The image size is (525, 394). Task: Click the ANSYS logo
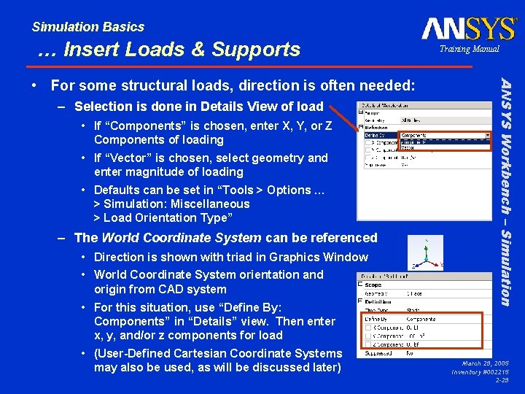click(x=469, y=28)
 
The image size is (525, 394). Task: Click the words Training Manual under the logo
click(x=469, y=49)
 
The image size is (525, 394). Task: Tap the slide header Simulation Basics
click(x=87, y=27)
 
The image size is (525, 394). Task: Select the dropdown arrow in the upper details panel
click(x=487, y=135)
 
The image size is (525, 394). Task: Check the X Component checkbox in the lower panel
click(x=369, y=328)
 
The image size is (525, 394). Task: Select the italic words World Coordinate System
click(x=181, y=237)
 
